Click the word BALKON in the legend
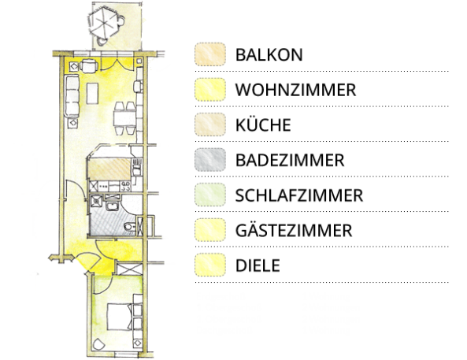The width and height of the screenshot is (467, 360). [x=269, y=55]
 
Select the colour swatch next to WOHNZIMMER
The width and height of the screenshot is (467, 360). [x=210, y=89]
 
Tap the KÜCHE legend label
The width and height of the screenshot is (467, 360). [x=263, y=124]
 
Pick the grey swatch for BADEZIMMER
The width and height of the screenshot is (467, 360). [x=210, y=160]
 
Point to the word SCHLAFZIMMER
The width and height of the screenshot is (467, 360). [x=299, y=195]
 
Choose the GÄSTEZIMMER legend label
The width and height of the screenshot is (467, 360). [x=294, y=230]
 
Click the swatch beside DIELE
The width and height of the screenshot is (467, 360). [x=210, y=265]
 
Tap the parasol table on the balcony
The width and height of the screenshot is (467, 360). [x=104, y=24]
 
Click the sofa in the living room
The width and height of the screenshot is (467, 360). [x=72, y=96]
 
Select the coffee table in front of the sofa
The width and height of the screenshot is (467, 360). [x=92, y=93]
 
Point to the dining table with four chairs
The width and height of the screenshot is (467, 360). [x=124, y=118]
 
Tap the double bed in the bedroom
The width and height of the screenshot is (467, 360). [x=120, y=317]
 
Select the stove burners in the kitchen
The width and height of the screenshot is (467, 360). [x=125, y=187]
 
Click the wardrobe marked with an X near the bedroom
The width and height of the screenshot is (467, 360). [x=129, y=269]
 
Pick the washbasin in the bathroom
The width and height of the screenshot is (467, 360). [x=113, y=206]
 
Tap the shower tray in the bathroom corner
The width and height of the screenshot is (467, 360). [x=96, y=201]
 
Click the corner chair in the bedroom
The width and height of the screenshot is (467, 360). [x=98, y=344]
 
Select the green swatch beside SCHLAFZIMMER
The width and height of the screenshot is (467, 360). [x=210, y=195]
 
